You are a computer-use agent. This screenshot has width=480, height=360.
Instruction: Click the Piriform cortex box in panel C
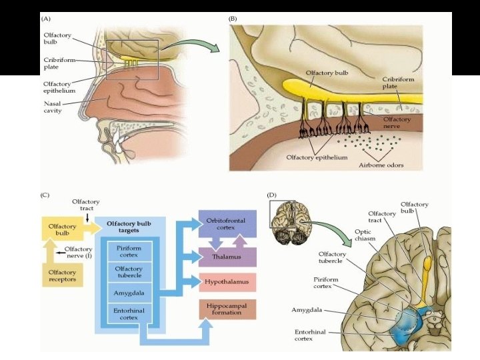(x=129, y=251)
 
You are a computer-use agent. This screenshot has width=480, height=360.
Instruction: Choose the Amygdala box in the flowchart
(x=129, y=293)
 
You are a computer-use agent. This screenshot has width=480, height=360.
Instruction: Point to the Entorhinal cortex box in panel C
(x=129, y=315)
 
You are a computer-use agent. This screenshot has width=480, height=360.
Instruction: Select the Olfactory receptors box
(x=62, y=276)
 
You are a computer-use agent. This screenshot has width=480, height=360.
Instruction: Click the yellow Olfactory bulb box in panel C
(x=62, y=230)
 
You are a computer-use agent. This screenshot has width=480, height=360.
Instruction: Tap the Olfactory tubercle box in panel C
(x=129, y=272)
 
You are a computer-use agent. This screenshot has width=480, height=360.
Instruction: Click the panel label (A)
(x=48, y=19)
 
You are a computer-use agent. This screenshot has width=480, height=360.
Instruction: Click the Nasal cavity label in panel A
(x=53, y=108)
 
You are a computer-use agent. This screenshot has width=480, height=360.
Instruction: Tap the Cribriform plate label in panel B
(x=393, y=82)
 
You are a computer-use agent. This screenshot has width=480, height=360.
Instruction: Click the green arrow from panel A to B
(x=193, y=45)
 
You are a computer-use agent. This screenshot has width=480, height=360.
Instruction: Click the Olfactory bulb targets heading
(x=129, y=227)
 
